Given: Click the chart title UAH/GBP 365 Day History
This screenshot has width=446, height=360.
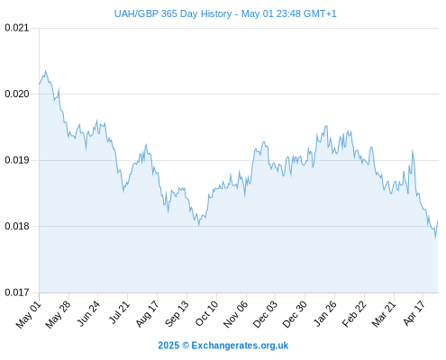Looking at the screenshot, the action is coord(173,13).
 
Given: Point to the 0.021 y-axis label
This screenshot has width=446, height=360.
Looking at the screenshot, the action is coord(17,28).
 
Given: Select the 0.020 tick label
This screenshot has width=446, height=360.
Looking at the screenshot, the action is coord(17,94).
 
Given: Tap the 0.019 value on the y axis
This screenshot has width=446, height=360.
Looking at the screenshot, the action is coord(17,160).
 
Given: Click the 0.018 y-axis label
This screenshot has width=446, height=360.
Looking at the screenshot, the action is coord(17,226).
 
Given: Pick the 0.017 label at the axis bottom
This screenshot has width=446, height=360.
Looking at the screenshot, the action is coord(17,292).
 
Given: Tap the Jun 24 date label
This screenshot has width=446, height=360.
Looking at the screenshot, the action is coord(88,313).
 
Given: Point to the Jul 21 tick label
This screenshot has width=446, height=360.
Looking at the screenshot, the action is coord(119,312).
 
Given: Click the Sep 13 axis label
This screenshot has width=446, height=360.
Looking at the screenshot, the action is coord(177,313).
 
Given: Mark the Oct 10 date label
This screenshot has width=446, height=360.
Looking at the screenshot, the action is coord(206,313).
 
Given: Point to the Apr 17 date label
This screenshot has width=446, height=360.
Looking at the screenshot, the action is coord(414,313).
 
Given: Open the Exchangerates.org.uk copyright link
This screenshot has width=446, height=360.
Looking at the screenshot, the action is coord(240,346).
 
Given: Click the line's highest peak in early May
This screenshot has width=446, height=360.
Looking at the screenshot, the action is coord(45,71).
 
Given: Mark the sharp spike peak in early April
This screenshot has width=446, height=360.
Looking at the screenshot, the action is coord(413,151).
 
